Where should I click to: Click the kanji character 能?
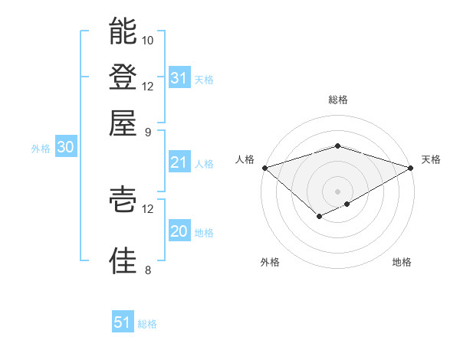click(x=123, y=31)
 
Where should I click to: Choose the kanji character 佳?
click(x=123, y=260)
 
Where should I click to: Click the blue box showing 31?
click(x=179, y=78)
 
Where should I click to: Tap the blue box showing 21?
click(x=179, y=162)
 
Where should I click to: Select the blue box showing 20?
click(x=179, y=231)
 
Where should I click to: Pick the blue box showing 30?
click(x=65, y=148)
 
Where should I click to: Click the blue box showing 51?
click(x=123, y=322)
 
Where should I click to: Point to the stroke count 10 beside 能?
click(x=148, y=40)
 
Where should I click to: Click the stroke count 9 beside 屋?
click(x=148, y=131)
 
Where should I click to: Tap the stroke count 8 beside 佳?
click(x=148, y=270)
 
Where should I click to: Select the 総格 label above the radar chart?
click(x=338, y=100)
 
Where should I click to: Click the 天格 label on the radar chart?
click(x=431, y=159)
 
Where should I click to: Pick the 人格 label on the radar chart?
click(x=245, y=159)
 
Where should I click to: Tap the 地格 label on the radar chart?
click(x=402, y=262)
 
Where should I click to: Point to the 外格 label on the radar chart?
click(x=270, y=262)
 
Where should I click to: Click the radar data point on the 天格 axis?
click(x=411, y=167)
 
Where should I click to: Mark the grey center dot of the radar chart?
click(x=338, y=191)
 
